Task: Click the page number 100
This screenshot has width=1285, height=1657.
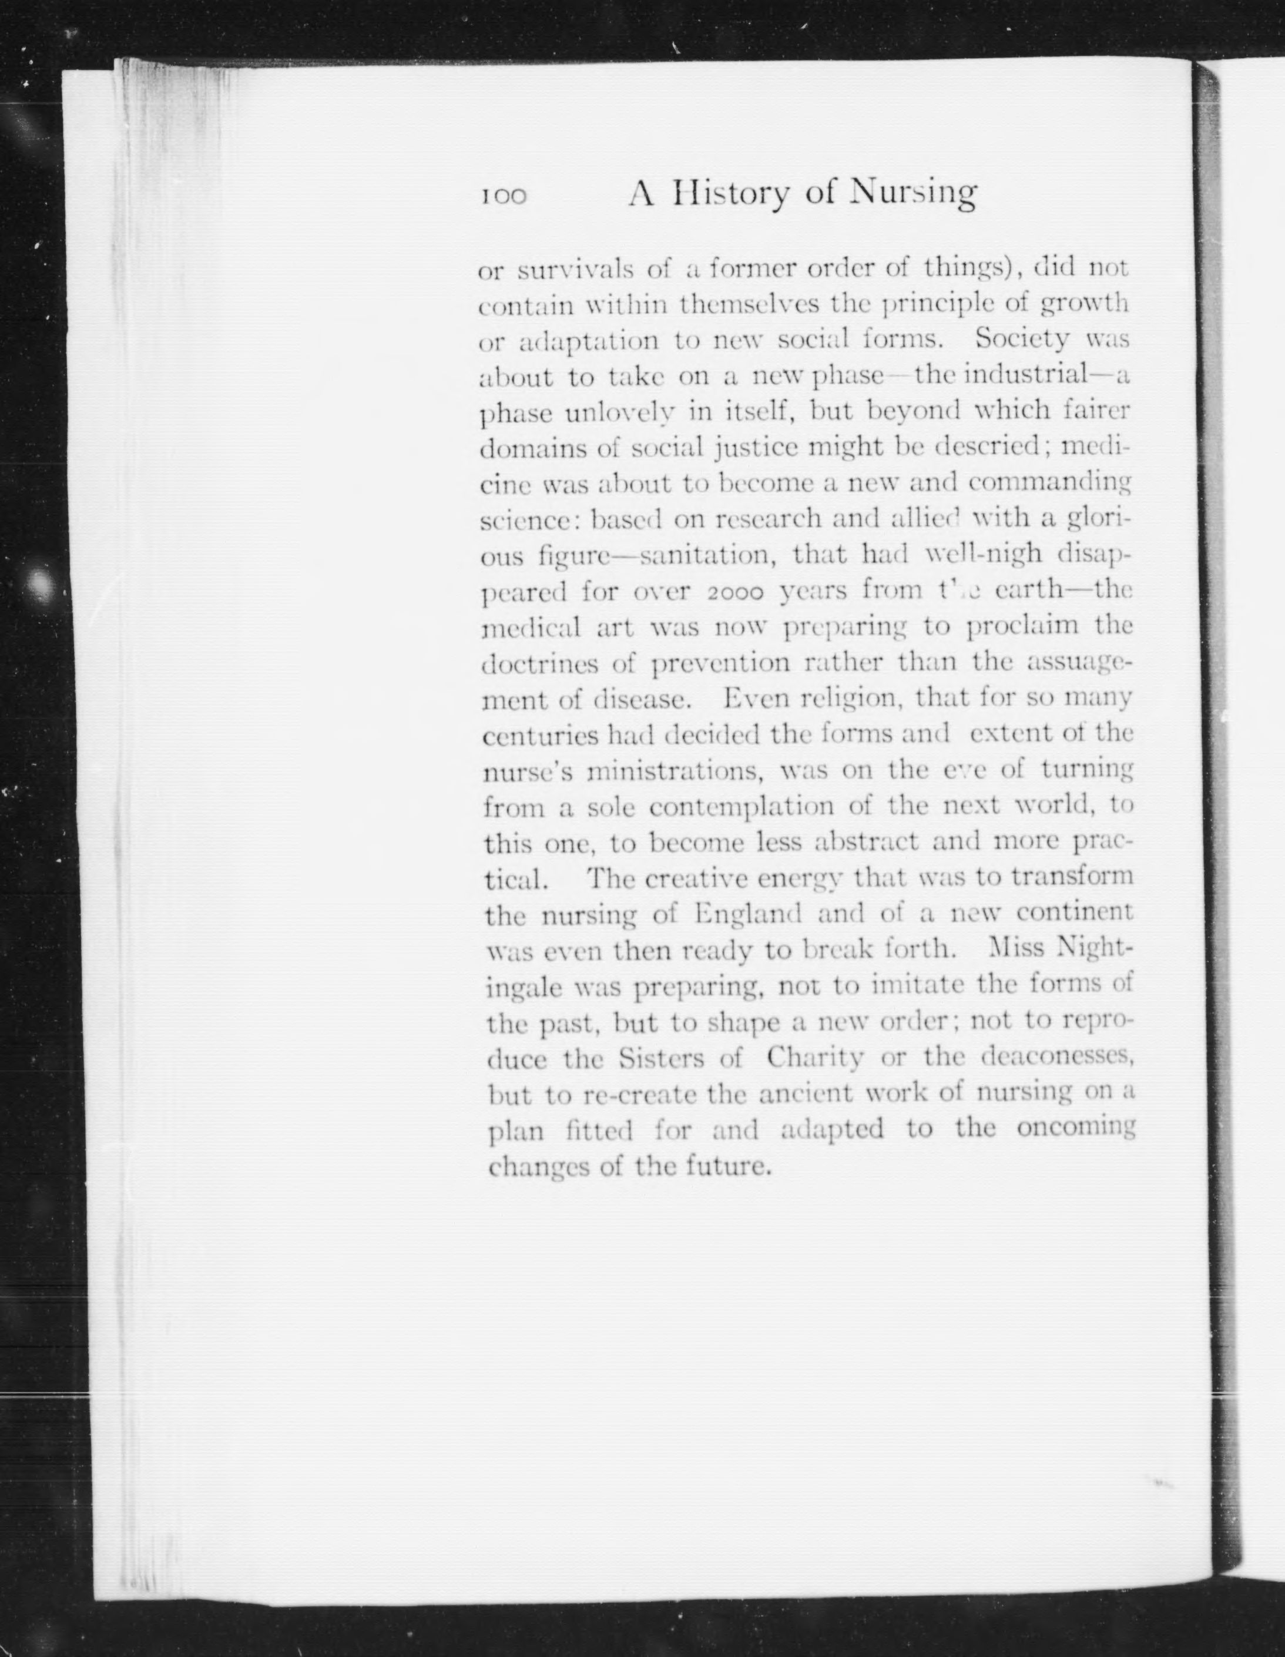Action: tap(503, 196)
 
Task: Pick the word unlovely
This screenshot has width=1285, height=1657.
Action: tap(620, 412)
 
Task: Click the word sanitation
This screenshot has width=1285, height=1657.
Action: tap(709, 556)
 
